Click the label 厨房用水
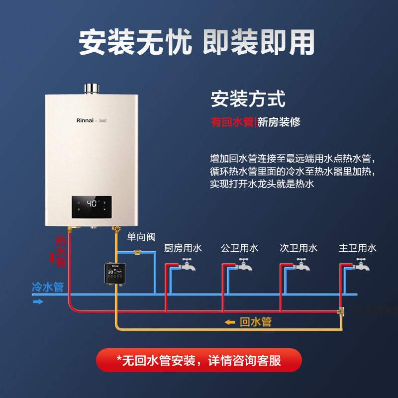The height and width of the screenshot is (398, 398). click(x=183, y=248)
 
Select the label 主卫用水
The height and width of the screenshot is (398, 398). click(x=357, y=248)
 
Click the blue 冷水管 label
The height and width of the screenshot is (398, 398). click(x=48, y=287)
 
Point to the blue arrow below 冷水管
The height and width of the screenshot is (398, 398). click(x=38, y=301)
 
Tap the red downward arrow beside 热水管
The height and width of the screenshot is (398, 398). click(x=51, y=258)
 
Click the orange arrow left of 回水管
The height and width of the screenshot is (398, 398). click(x=230, y=322)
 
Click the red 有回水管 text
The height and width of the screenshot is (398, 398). click(x=232, y=122)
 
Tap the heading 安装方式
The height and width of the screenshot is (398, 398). click(x=248, y=99)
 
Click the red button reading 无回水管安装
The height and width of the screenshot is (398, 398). click(x=199, y=360)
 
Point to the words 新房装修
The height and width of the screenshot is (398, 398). click(x=279, y=122)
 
